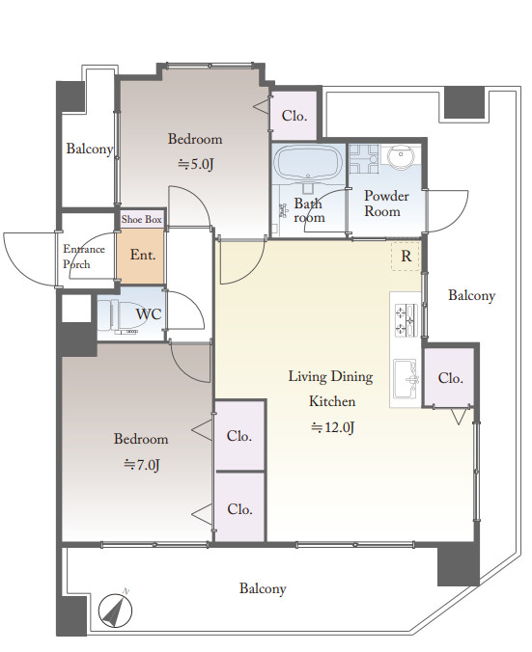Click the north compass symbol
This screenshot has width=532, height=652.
(115, 610)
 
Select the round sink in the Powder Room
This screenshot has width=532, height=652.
(401, 157)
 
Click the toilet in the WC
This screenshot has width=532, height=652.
(119, 316)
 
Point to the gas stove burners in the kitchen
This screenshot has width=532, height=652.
(406, 320)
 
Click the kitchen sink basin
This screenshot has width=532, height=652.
(406, 379)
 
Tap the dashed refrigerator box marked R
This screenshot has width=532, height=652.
(406, 257)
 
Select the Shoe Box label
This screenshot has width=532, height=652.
(142, 219)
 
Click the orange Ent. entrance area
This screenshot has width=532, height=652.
(141, 256)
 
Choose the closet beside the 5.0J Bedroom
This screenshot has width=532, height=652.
(294, 116)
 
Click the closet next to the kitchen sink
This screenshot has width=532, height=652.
(449, 377)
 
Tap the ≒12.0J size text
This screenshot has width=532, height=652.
(333, 427)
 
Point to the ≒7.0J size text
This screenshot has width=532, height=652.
(142, 465)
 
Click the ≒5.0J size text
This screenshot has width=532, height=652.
(196, 164)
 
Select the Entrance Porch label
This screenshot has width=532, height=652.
(83, 257)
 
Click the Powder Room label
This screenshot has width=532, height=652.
(386, 204)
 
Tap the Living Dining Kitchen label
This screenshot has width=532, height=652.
(331, 389)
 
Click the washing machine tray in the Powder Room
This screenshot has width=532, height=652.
(364, 159)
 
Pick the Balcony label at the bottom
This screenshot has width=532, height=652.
(263, 588)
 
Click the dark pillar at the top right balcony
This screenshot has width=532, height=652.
(464, 102)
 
